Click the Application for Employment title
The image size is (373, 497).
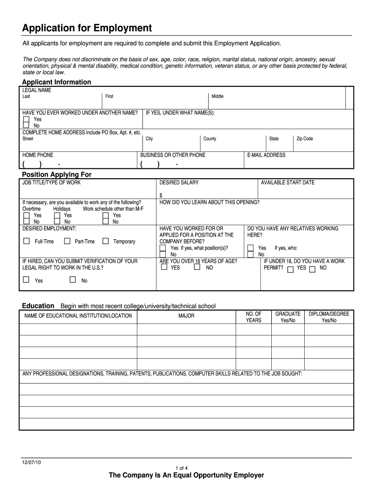87,28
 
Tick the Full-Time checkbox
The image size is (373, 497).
27,241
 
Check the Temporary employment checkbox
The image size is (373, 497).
106,241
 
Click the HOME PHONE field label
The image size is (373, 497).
38,155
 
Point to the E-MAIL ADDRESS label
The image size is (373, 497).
266,155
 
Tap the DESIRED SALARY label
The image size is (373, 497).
179,183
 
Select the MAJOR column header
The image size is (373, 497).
186,316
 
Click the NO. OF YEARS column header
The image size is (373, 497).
253,317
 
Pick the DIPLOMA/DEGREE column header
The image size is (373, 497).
329,317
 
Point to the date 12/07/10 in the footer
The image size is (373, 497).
31,462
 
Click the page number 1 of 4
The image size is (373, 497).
186,468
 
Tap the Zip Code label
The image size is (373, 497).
305,139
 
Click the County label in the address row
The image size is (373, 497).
210,139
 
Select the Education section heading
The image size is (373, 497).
38,306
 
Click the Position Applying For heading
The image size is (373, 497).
57,174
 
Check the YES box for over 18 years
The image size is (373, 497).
165,267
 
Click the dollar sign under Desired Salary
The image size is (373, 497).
161,195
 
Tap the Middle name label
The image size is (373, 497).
218,97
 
